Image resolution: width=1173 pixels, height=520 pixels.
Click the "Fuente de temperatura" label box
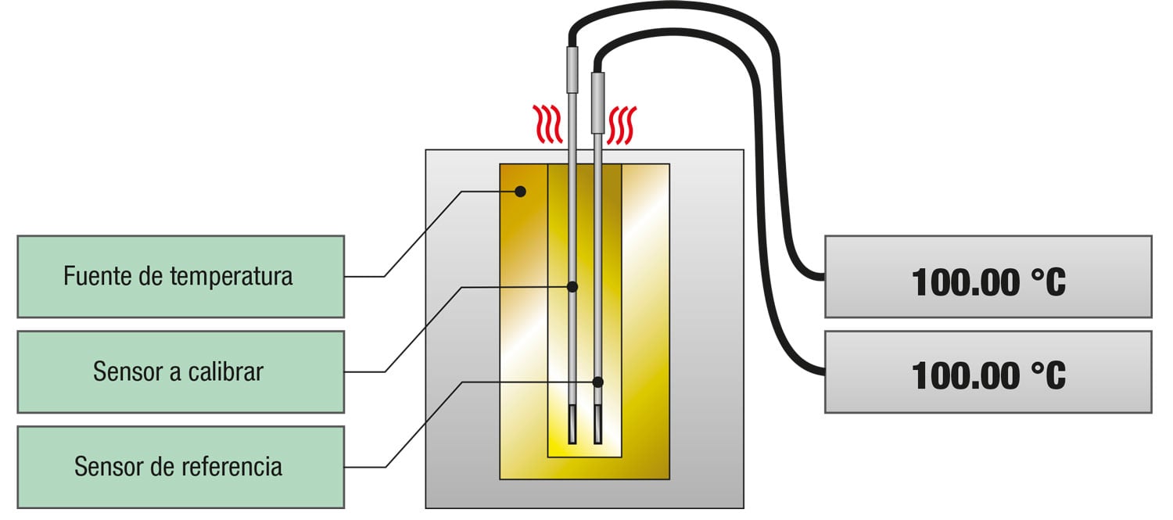pos(180,276)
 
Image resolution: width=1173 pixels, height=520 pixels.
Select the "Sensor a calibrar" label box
pos(180,371)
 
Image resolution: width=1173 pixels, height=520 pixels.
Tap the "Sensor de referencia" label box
pos(180,467)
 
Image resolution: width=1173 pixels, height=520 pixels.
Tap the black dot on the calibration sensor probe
pos(572,287)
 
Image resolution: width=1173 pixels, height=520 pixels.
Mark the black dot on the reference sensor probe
pos(598,382)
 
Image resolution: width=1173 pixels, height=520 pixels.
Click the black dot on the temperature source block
pos(520,191)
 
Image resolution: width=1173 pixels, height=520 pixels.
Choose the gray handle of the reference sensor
pos(598,102)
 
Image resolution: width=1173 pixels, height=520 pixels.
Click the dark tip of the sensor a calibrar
pos(572,425)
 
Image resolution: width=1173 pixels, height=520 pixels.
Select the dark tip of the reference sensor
pos(598,425)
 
